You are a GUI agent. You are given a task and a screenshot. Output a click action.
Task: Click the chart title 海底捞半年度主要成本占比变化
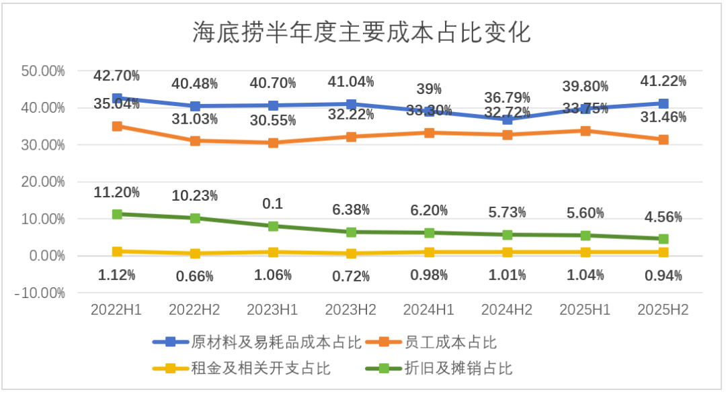tap(362, 32)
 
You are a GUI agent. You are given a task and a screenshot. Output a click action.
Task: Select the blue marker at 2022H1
tap(117, 99)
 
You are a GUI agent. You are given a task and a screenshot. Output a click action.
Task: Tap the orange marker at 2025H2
tap(663, 140)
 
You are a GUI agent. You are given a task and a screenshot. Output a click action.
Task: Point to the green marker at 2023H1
tap(273, 226)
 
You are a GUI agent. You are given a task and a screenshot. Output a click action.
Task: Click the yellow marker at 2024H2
tap(508, 252)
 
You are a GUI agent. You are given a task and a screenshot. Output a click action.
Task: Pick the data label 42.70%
tap(117, 75)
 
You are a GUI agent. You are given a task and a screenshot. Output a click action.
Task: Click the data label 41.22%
tap(663, 81)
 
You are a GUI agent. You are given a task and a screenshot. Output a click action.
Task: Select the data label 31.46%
tap(663, 117)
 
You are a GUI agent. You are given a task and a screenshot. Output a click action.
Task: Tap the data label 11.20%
tap(117, 193)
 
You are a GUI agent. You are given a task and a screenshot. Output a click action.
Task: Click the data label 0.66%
tap(195, 276)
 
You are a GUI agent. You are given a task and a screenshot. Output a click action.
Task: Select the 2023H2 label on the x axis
tap(351, 310)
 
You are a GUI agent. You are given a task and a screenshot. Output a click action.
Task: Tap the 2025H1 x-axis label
tap(586, 310)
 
